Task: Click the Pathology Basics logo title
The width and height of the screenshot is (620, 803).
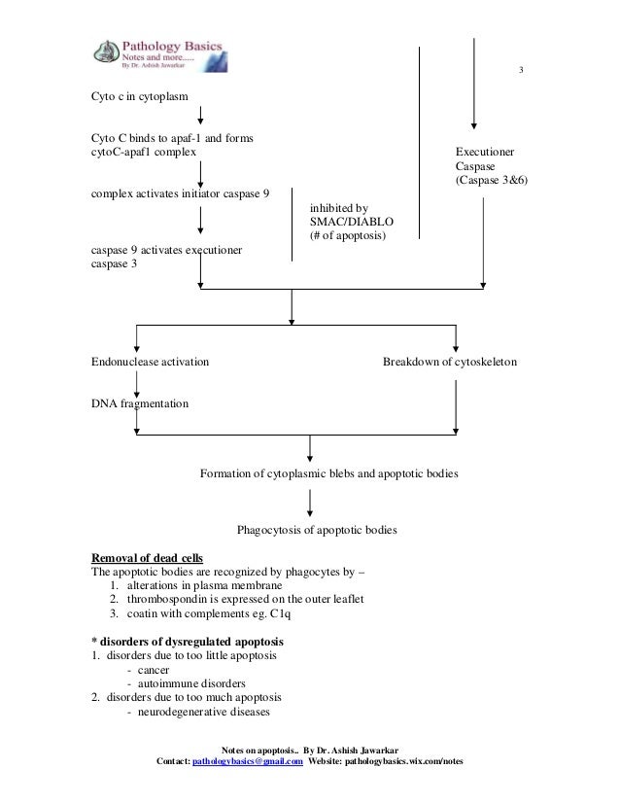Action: [x=172, y=46]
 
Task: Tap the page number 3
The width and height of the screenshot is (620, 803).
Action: [x=521, y=70]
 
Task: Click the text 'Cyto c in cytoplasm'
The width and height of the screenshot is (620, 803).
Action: [x=139, y=96]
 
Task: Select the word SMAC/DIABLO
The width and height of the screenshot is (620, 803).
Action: [x=352, y=222]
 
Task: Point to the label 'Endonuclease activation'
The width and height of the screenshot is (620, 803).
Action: [x=150, y=362]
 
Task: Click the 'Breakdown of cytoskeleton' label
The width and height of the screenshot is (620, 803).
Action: [x=450, y=362]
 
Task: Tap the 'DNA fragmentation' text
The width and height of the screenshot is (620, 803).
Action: [x=140, y=403]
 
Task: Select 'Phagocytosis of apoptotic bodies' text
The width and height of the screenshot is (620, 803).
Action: [x=317, y=530]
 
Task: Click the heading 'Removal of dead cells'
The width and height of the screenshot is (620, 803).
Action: [x=147, y=558]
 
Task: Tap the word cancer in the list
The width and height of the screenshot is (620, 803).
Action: [x=154, y=670]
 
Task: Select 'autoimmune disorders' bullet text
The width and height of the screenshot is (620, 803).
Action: [x=191, y=683]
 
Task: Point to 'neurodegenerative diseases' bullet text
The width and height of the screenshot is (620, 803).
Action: [x=204, y=712]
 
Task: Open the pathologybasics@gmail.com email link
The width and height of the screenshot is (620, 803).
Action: [x=248, y=761]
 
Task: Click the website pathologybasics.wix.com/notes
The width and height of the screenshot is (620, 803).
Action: [x=404, y=761]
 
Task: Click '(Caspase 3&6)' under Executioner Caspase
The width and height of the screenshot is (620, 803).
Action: [x=492, y=180]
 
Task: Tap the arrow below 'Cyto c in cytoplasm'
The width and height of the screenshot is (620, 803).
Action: [x=201, y=116]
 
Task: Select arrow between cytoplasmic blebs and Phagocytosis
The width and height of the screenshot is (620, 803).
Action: [x=310, y=503]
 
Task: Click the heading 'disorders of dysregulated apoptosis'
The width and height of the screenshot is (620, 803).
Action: [x=191, y=642]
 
